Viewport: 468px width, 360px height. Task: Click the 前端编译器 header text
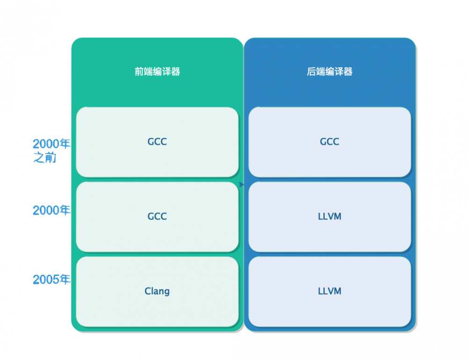157,72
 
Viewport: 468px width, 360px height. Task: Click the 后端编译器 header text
329,72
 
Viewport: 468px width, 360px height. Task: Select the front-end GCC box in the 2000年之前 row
157,142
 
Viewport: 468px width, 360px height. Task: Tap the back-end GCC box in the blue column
329,142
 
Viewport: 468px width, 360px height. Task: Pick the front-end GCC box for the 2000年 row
157,216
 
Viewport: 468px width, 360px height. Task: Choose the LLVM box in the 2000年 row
329,216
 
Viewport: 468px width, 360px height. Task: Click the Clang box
157,291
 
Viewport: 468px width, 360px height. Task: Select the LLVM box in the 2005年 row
329,291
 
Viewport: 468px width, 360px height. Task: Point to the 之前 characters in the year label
45,158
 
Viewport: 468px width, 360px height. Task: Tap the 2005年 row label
51,279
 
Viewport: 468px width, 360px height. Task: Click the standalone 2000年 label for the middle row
51,211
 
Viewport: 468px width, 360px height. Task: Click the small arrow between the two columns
241,184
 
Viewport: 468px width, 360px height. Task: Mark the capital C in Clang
147,291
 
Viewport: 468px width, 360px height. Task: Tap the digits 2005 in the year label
46,279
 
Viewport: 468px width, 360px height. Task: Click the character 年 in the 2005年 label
65,279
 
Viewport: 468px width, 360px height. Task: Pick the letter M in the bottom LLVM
337,291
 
